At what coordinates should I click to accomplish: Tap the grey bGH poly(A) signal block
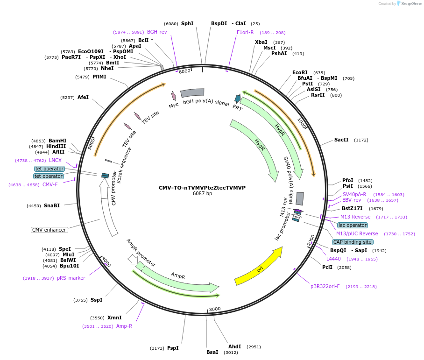(192, 93)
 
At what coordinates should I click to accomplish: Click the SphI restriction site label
(187, 23)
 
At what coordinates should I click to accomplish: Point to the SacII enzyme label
(341, 140)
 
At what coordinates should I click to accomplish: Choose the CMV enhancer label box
(49, 230)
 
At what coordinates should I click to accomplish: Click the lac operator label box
(353, 225)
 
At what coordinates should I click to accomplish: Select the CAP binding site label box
(353, 242)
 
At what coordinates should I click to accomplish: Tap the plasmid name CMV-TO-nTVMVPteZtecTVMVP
(202, 188)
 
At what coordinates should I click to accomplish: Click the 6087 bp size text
(202, 194)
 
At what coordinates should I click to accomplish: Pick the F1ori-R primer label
(245, 32)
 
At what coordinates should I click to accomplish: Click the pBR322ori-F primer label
(325, 286)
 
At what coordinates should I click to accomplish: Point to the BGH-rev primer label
(157, 32)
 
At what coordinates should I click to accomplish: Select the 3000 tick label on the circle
(215, 309)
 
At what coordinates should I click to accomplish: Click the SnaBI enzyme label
(52, 205)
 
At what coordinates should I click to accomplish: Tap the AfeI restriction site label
(83, 97)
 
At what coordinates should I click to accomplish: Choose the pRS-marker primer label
(71, 278)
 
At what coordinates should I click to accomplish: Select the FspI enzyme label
(173, 348)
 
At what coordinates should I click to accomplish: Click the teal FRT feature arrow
(238, 99)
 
